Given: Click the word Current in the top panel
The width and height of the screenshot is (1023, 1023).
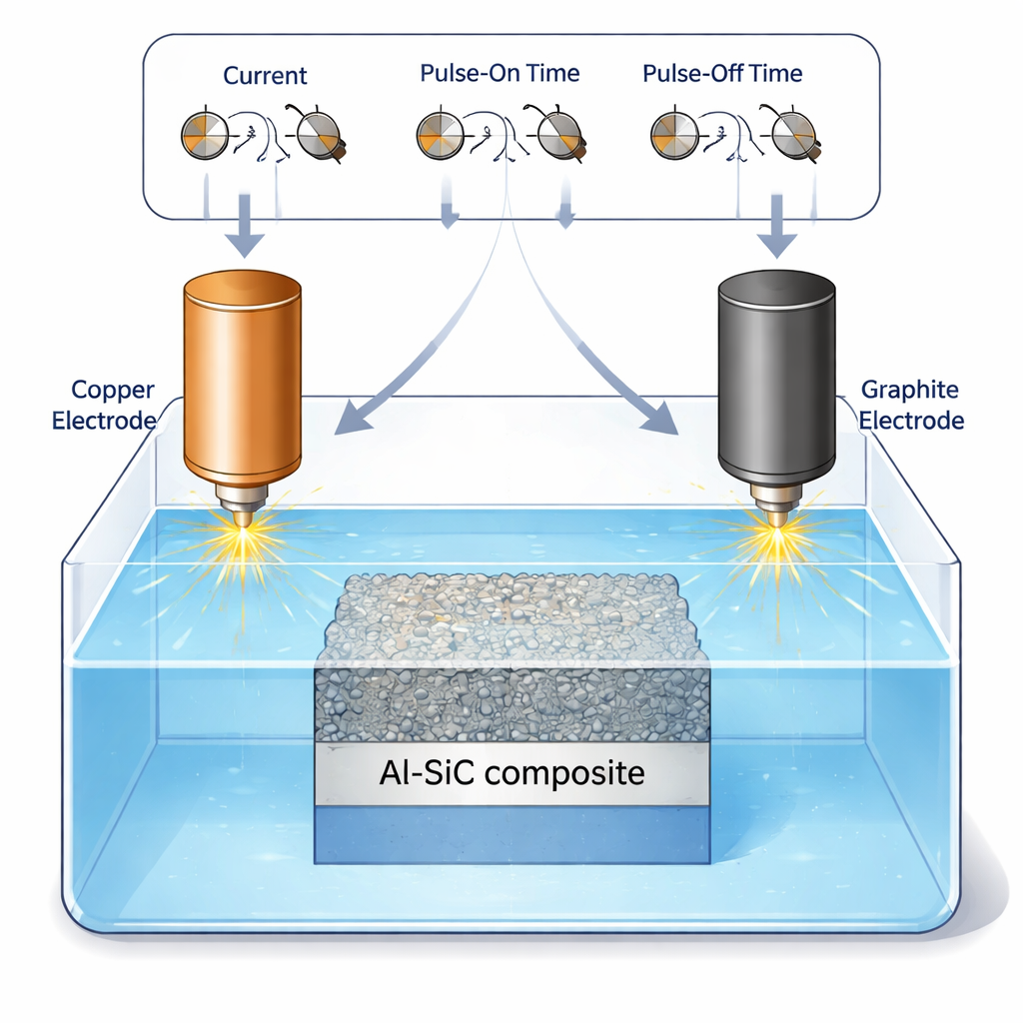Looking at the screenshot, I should click(265, 75).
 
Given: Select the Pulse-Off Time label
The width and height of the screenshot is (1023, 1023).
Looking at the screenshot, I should click(722, 73).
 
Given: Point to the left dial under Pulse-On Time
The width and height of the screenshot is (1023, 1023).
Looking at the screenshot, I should click(440, 136).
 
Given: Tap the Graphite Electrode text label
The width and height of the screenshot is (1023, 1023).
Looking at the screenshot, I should click(911, 405).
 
